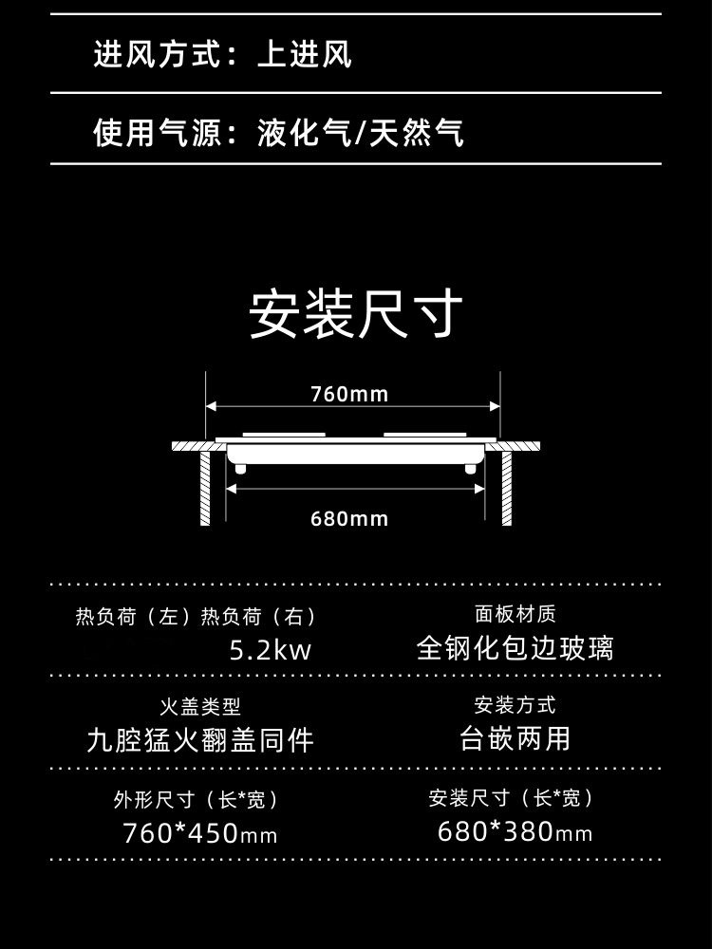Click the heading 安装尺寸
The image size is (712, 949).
point(356,316)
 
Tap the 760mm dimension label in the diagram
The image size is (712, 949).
point(349,394)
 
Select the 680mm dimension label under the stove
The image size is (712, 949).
point(349,518)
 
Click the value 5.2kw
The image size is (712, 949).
point(271,651)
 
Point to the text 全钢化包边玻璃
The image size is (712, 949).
point(515,648)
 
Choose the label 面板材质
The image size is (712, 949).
point(515,614)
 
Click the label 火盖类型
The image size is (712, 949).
point(199,706)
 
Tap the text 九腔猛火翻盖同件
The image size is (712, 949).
point(199,739)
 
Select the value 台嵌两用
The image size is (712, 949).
point(515,738)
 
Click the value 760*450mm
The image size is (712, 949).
point(199,834)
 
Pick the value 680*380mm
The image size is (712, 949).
point(515,832)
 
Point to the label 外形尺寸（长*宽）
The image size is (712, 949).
point(199,800)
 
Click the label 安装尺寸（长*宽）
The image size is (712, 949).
point(515,798)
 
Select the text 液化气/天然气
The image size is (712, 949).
point(361,133)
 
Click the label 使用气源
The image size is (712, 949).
point(156,133)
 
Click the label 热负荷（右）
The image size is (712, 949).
point(258,617)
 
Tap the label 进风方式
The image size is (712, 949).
point(156,54)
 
